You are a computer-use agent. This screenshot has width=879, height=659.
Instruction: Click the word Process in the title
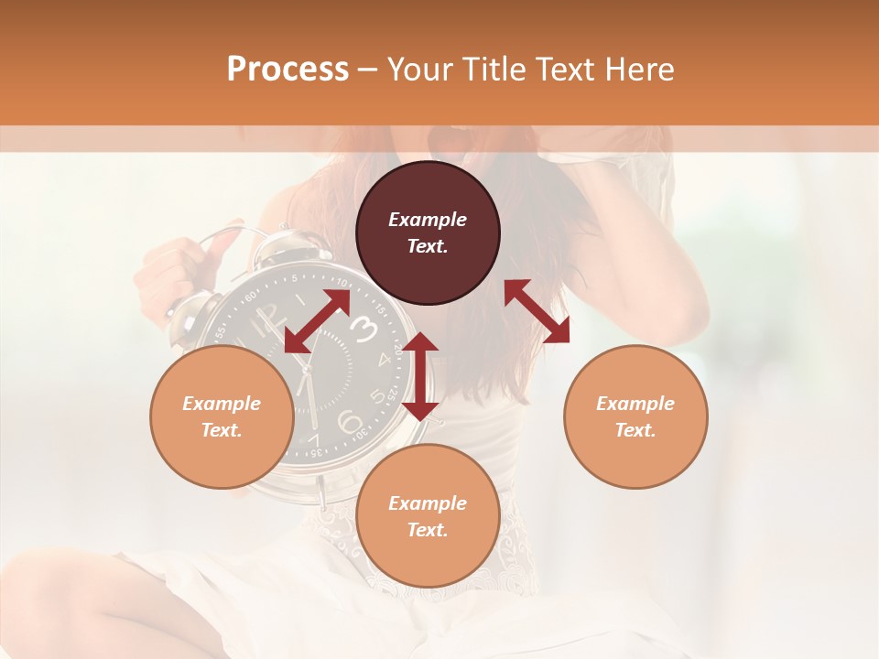288,70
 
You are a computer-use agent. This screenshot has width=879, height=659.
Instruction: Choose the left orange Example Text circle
222,416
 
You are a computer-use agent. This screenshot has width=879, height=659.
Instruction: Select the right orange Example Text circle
635,416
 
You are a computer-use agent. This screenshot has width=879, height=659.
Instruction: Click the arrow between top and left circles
317,321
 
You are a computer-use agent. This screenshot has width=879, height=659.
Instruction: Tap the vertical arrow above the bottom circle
420,376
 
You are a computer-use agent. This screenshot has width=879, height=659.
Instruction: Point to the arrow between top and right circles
537,311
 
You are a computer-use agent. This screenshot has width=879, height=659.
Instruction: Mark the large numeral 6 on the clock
349,422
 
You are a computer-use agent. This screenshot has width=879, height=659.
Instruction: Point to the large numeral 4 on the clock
384,360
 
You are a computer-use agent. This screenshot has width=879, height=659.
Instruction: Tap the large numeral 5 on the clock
376,396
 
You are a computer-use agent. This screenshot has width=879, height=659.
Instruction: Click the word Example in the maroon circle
428,220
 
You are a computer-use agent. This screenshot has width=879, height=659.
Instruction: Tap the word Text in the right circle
635,430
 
